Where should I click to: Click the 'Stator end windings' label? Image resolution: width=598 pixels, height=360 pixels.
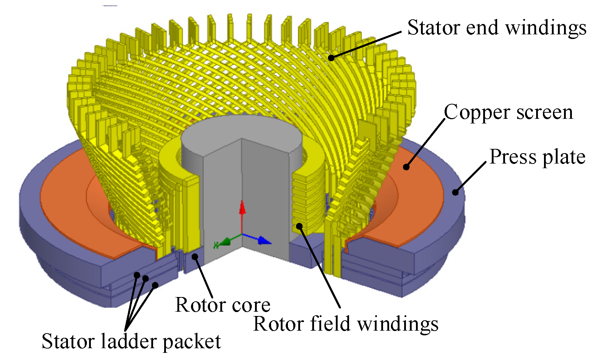pos(496,28)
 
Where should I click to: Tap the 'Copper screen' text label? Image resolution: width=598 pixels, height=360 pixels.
pos(508,113)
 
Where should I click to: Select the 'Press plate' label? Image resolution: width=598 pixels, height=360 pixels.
pos(537,157)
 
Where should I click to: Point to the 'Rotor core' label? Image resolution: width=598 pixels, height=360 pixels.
pos(222,305)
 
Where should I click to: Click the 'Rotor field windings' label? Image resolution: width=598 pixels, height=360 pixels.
pos(345,324)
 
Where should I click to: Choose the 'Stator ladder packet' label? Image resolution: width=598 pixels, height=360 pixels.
pos(131,341)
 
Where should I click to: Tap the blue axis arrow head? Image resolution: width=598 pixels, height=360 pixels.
pos(265,240)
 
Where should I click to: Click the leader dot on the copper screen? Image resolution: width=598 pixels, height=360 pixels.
pos(406,166)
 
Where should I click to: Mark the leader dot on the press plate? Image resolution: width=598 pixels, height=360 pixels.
pos(455,193)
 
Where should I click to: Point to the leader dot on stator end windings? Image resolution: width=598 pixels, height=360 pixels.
pos(331,58)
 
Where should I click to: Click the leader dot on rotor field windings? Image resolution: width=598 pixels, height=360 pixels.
pos(299,226)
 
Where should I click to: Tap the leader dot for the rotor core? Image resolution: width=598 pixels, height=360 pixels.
pos(195,256)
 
